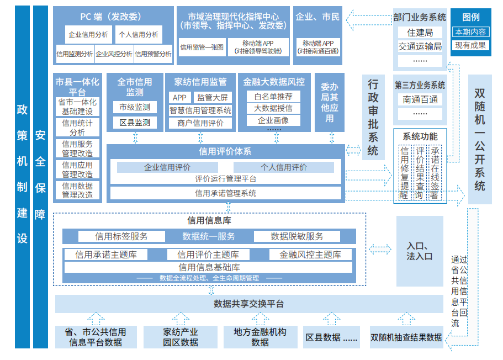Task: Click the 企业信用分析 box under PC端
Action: [88, 34]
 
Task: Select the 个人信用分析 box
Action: [139, 34]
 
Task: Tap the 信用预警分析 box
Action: [153, 54]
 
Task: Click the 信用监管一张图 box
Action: [202, 47]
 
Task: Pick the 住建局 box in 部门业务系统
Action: [420, 33]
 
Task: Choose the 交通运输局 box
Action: [420, 46]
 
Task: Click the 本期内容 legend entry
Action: [470, 32]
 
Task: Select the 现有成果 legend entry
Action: [470, 45]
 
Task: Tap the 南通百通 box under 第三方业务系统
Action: [420, 99]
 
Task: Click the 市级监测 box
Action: [135, 107]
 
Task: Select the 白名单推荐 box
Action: [273, 96]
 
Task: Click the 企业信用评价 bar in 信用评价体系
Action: [167, 167]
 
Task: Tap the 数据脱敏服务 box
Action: [297, 236]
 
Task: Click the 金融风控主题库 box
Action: [310, 255]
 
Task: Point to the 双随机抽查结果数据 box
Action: [406, 337]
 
